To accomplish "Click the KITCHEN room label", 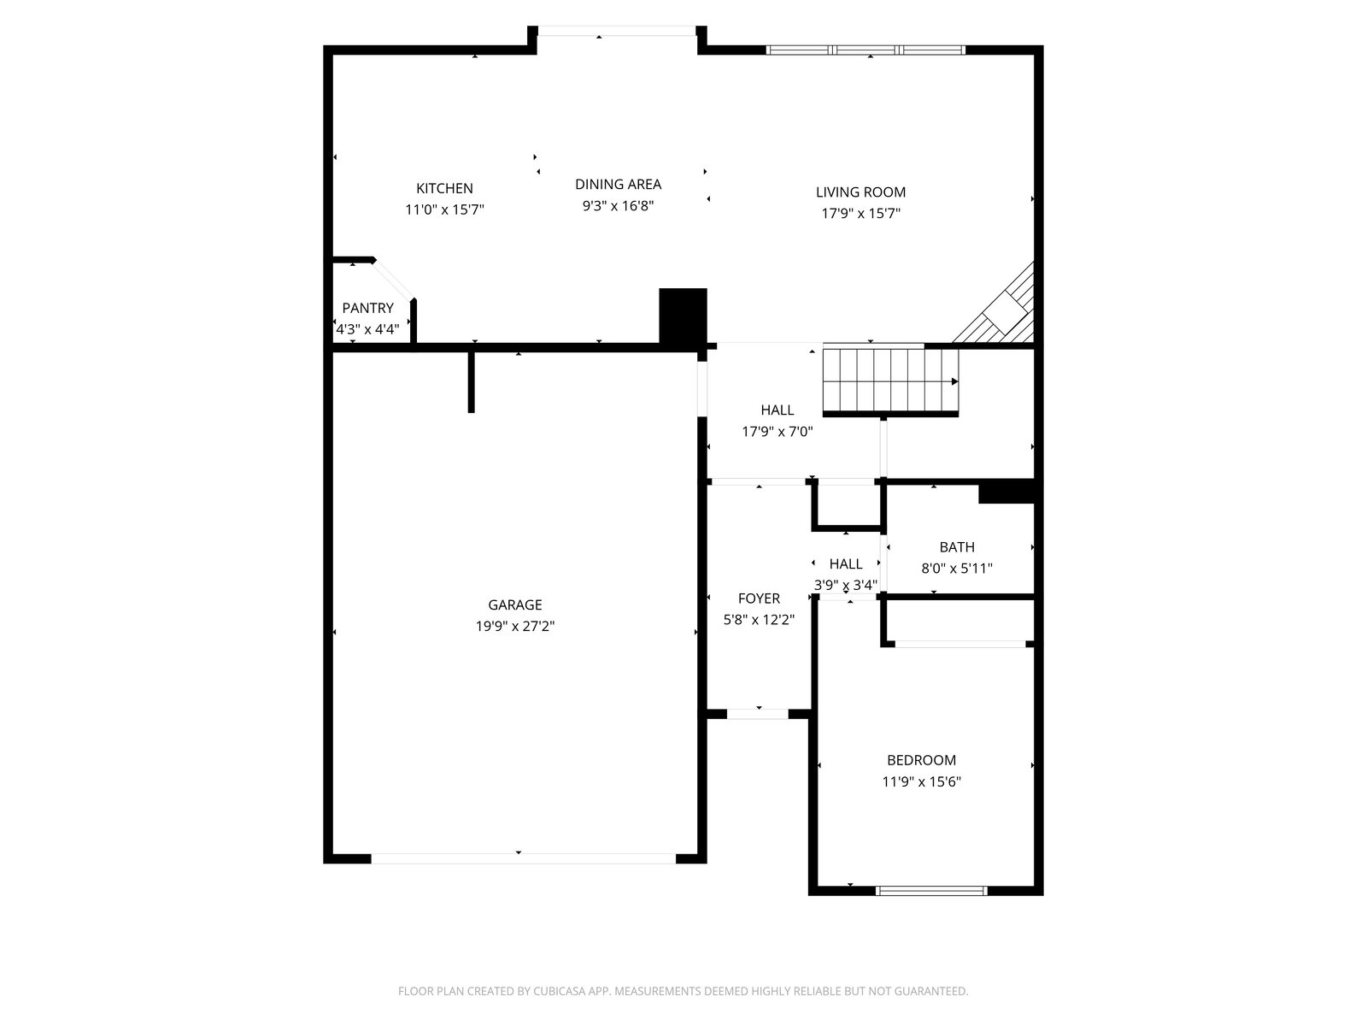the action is tap(444, 188).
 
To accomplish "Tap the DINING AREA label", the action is tap(618, 185).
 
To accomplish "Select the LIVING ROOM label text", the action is tap(860, 192).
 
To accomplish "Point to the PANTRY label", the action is tap(367, 308).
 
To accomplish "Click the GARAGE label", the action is tap(515, 604).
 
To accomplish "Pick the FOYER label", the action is tap(759, 598).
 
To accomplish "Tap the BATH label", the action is tap(957, 547).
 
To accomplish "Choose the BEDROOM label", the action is tap(921, 761).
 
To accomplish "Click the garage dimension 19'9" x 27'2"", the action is tap(515, 626).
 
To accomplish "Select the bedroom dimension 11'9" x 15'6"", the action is tap(921, 781).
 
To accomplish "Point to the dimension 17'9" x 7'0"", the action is tap(777, 432).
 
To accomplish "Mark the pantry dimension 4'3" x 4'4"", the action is tap(367, 329).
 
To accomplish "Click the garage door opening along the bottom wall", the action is tap(523, 858).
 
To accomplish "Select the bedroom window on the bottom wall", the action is tap(931, 891).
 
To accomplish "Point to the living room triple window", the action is tap(865, 50).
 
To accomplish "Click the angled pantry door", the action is tap(393, 280).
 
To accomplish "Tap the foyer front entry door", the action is tap(757, 715).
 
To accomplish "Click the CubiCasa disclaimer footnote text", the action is tap(683, 991).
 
